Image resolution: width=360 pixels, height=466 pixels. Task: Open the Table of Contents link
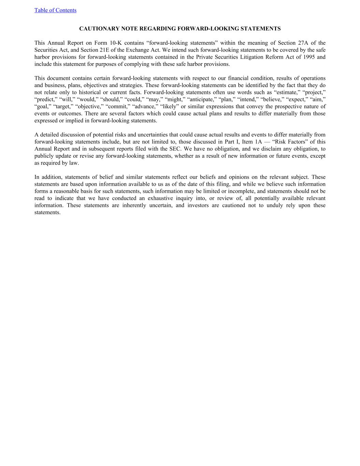click(x=55, y=10)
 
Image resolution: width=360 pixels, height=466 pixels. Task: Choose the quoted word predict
click(x=46, y=100)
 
